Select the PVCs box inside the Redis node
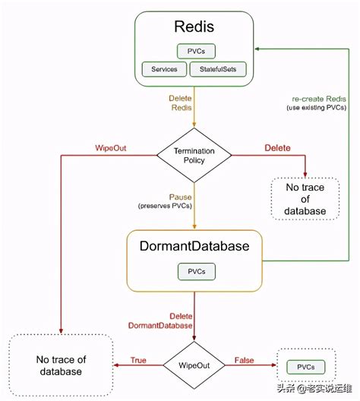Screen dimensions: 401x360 196,52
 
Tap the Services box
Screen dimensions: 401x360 164,69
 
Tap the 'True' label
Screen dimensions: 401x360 138,359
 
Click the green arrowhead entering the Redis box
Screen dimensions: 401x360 259,47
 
